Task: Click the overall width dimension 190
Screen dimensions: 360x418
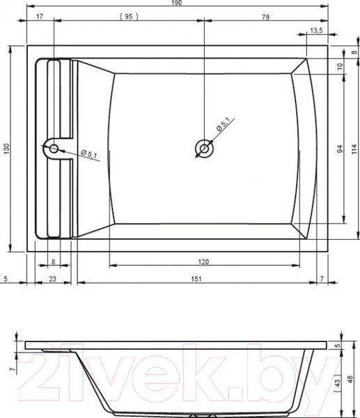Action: tap(176, 3)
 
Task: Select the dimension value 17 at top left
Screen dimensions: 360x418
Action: tap(40, 17)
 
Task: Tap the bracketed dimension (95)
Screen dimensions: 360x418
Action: tap(129, 17)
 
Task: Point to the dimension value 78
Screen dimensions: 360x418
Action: tap(265, 17)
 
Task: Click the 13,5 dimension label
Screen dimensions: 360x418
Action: tap(316, 31)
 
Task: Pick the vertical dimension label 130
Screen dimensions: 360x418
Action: tap(6, 148)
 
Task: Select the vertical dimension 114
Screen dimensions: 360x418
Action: tap(354, 149)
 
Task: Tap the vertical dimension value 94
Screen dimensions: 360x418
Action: tap(340, 149)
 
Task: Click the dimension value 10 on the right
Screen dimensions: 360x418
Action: tap(340, 66)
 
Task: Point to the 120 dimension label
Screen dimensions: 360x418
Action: tap(203, 262)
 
